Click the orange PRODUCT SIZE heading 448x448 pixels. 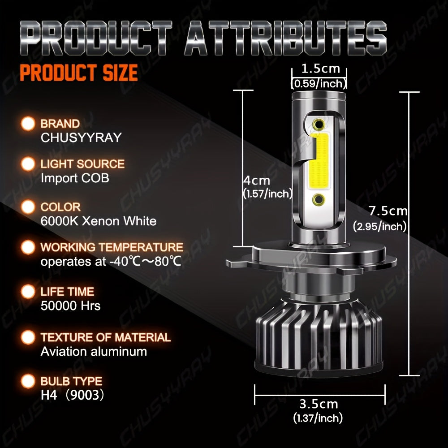coord(79,73)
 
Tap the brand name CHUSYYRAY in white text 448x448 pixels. coord(81,138)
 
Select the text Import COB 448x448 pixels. coord(75,178)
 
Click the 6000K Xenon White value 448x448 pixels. coord(99,221)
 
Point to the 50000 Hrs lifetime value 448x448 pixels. coord(71,306)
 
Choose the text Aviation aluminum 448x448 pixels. coord(94,351)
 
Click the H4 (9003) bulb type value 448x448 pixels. coord(72,395)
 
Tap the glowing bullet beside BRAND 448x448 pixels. coord(28,124)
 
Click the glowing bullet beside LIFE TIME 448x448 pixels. coord(28,292)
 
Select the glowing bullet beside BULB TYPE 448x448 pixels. coord(28,381)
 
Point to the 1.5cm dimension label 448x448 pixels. coord(321,69)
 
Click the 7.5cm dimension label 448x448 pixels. coord(388,211)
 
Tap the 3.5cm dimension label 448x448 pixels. coord(319,404)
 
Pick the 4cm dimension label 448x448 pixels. coord(257,181)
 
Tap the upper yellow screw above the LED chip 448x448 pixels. coord(319,124)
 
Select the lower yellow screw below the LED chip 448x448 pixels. coord(319,200)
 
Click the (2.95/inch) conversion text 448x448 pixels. coord(380,227)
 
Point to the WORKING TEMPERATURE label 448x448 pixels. coord(112,247)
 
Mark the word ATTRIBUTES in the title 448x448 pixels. coord(285,38)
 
